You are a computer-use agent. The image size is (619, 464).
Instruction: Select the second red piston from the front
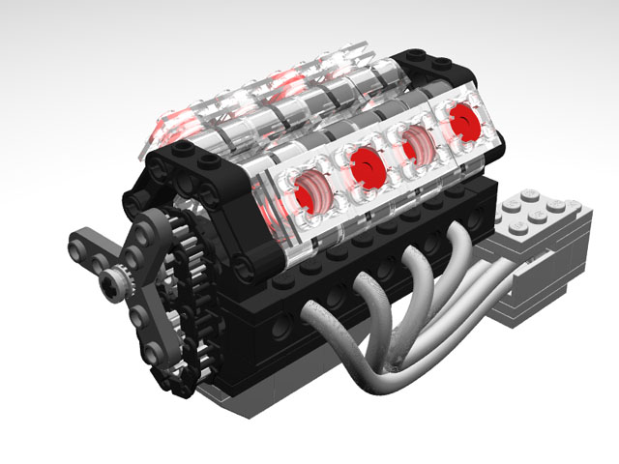(x=365, y=165)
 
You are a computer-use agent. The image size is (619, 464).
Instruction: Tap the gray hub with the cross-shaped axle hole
(x=114, y=282)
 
